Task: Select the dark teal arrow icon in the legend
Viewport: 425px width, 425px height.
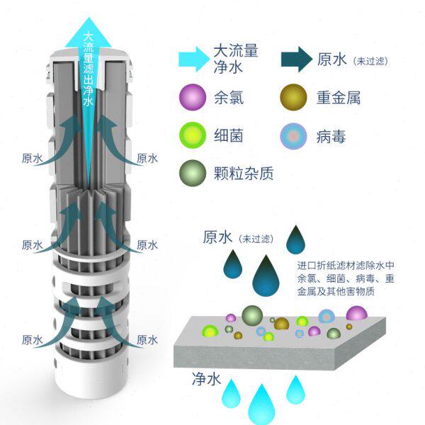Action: (x=294, y=59)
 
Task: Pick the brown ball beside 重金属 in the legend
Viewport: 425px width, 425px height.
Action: (x=294, y=98)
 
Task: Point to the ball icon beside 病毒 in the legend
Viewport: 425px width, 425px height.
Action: (x=294, y=135)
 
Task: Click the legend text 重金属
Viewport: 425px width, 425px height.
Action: (x=339, y=98)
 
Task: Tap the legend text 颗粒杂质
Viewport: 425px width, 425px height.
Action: (x=243, y=172)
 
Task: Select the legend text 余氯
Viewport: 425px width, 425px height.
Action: (x=227, y=98)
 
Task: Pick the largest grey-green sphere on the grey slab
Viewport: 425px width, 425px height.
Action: (x=252, y=315)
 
